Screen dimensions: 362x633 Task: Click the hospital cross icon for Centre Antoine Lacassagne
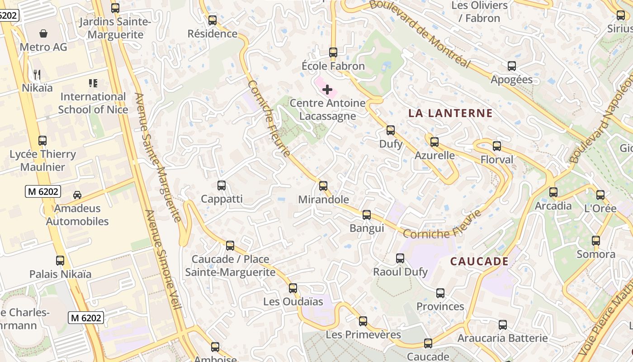(327, 90)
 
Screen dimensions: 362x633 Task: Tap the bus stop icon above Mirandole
(323, 186)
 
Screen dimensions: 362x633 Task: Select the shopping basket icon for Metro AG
(43, 33)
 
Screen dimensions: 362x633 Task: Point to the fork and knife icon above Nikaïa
(37, 75)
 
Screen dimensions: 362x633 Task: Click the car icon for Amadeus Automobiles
(77, 195)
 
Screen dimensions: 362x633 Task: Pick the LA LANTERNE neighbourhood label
(450, 113)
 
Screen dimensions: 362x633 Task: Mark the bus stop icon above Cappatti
(221, 185)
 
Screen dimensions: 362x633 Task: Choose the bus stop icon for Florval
(497, 146)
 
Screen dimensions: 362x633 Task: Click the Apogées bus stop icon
(511, 66)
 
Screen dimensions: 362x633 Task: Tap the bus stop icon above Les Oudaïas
(293, 288)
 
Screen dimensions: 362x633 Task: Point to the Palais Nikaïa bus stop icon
(60, 261)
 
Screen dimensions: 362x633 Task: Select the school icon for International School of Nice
(93, 83)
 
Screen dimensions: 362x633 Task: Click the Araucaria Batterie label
(502, 338)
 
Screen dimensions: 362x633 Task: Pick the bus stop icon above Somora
(596, 241)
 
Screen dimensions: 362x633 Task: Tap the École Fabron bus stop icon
(333, 52)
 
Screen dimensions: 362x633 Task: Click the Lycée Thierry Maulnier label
(43, 160)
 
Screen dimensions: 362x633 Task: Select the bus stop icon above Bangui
(367, 214)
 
